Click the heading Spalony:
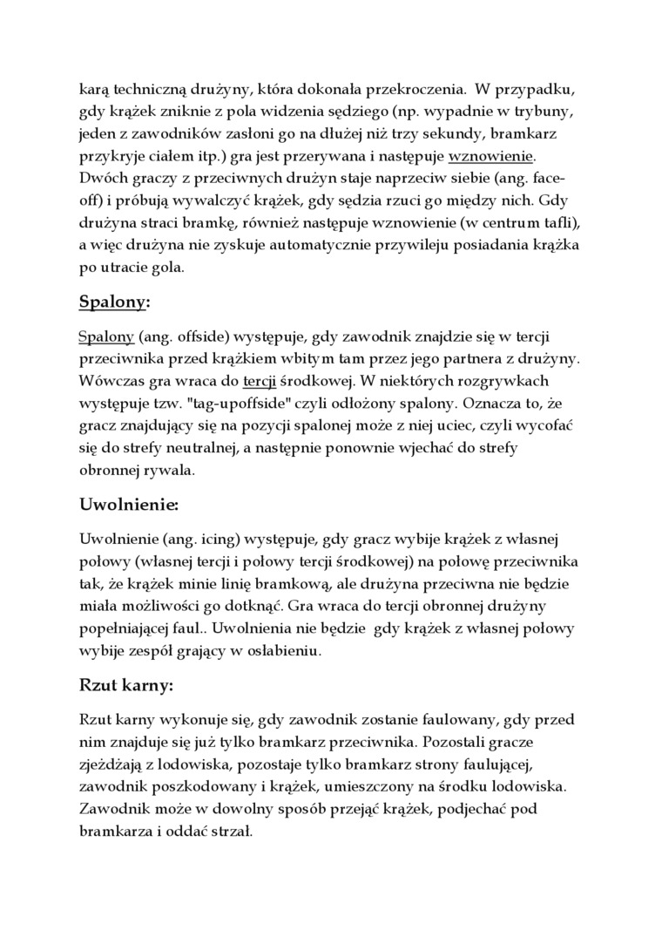(x=114, y=302)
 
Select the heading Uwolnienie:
(x=129, y=505)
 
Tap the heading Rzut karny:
(x=126, y=685)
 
